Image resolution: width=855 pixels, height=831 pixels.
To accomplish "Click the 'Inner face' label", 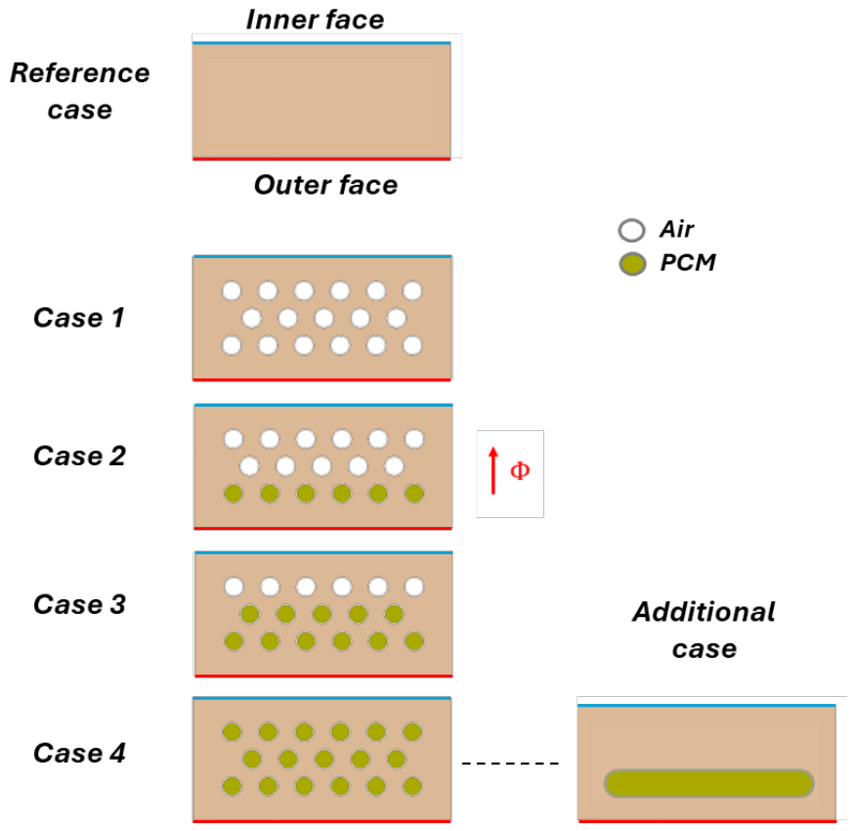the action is point(316,20).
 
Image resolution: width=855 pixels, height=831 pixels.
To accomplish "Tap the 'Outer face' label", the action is point(325,185).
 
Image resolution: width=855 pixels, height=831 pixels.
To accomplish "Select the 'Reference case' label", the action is point(79,91).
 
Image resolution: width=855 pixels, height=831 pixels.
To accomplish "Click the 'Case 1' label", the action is point(79,318).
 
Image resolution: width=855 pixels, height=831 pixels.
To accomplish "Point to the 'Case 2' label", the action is point(79,456).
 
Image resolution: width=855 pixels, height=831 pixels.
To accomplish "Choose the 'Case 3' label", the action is point(79,604).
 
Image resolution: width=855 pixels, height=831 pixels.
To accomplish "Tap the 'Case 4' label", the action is point(79,753).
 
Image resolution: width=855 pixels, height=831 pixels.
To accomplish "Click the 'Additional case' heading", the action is point(704,631).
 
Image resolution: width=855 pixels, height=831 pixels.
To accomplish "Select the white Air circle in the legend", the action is point(632,231).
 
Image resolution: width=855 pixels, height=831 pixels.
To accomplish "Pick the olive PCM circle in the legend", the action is point(632,264).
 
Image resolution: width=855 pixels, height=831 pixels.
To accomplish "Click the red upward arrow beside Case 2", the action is point(493,470).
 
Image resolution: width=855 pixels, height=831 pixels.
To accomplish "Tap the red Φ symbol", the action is point(520,470).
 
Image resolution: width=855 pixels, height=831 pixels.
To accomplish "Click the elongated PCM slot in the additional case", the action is point(708,783).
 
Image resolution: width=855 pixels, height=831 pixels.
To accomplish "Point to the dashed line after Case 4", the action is point(510,763).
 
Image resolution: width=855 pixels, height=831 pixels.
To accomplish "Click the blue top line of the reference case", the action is point(321,43).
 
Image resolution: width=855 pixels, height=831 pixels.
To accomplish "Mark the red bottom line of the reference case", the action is point(321,158).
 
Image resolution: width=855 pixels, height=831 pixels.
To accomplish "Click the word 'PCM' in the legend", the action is point(688,263).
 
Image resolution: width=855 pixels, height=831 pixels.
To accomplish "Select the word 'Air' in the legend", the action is point(677,229).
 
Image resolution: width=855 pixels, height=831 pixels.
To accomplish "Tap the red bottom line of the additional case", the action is point(707,820).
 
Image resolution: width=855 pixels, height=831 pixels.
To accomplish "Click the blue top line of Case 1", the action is point(322,256).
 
